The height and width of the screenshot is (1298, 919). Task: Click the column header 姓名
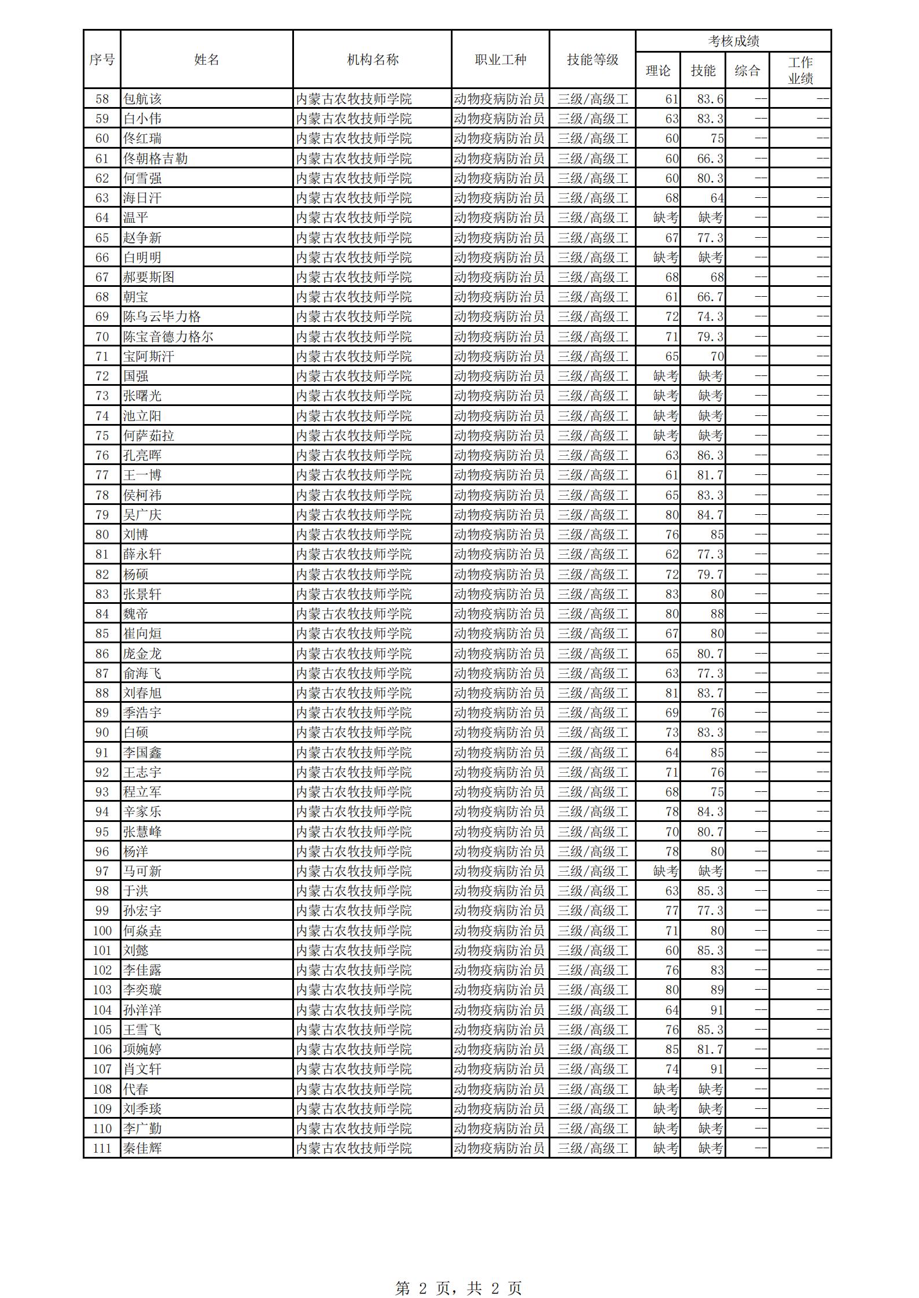click(x=207, y=60)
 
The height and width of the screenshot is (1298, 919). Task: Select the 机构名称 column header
click(x=372, y=60)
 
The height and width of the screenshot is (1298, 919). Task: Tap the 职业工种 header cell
click(x=500, y=60)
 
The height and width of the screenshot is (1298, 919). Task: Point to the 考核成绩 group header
click(x=733, y=41)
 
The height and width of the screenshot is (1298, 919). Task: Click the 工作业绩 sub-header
click(x=800, y=71)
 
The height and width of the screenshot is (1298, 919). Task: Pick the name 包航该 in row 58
click(x=142, y=99)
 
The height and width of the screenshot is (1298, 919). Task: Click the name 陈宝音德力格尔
click(x=168, y=337)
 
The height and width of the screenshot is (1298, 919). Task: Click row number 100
click(x=102, y=931)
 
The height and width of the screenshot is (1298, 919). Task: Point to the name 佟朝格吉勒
click(x=155, y=158)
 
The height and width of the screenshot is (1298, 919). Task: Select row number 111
click(x=102, y=1148)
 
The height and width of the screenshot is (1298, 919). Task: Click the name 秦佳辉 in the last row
click(x=142, y=1148)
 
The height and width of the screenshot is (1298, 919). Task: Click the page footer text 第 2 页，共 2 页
click(x=458, y=1272)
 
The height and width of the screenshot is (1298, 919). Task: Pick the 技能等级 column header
click(x=592, y=60)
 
